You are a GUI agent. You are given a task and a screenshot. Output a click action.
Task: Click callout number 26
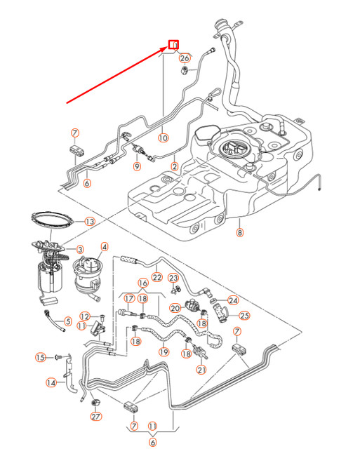pyautogui.click(x=185, y=58)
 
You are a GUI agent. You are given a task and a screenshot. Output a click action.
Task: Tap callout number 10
pyautogui.click(x=163, y=138)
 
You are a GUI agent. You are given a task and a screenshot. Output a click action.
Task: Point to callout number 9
pyautogui.click(x=138, y=166)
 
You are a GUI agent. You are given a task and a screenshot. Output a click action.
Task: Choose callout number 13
pyautogui.click(x=89, y=222)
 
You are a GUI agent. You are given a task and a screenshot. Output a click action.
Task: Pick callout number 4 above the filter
pyautogui.click(x=105, y=247)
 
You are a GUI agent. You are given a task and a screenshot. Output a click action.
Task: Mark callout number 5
pyautogui.click(x=68, y=322)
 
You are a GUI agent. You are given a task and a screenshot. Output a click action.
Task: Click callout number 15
pyautogui.click(x=41, y=358)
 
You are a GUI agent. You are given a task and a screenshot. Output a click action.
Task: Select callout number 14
pyautogui.click(x=51, y=383)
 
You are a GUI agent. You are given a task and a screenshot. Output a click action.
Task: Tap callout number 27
pyautogui.click(x=96, y=417)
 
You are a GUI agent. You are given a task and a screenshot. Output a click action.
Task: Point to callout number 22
pyautogui.click(x=156, y=279)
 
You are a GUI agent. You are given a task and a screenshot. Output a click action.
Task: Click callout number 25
pyautogui.click(x=244, y=315)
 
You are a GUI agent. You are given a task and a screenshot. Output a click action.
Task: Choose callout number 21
pyautogui.click(x=201, y=369)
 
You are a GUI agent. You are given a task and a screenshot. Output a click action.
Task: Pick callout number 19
pyautogui.click(x=164, y=351)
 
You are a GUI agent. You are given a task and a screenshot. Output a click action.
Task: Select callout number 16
pyautogui.click(x=142, y=284)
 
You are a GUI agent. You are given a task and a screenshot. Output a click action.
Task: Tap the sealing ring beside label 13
pyautogui.click(x=53, y=219)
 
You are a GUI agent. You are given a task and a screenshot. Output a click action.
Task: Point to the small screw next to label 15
pyautogui.click(x=59, y=358)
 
